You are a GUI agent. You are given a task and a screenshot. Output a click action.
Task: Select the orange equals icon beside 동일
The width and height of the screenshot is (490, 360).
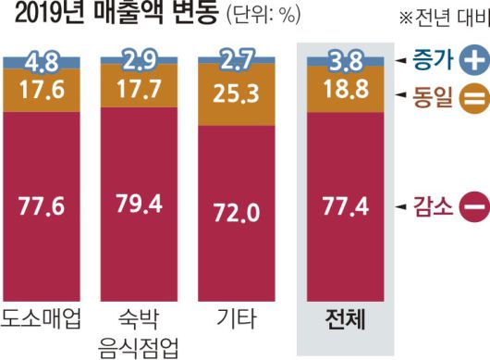(x=472, y=97)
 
